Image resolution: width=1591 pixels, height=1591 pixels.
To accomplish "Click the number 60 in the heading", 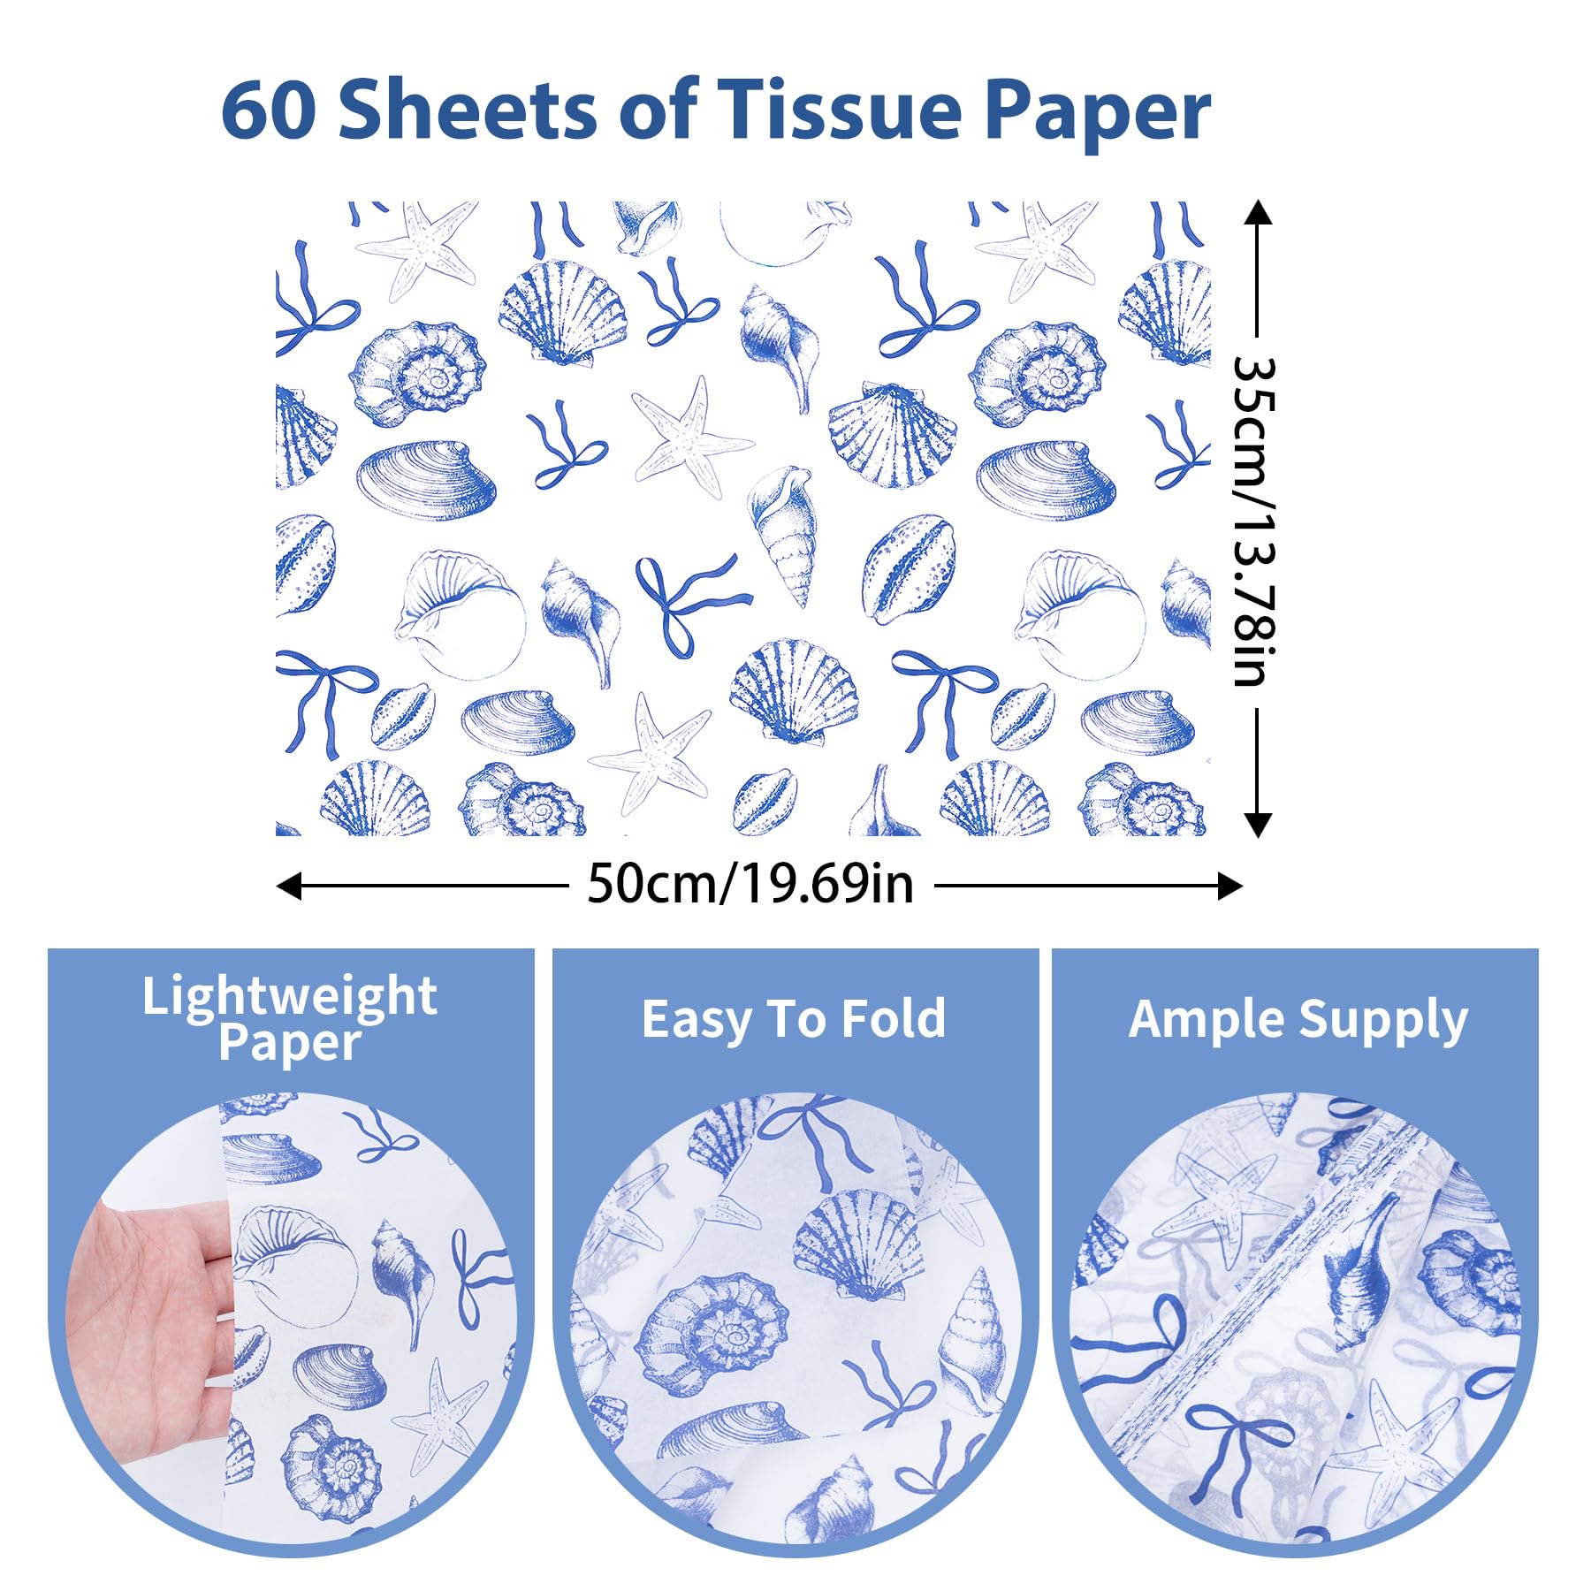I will click(268, 111).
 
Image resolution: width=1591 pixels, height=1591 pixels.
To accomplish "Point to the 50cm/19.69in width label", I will click(750, 883).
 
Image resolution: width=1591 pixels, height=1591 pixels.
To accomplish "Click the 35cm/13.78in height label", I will click(1255, 521).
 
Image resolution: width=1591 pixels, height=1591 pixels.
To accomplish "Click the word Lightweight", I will click(290, 996).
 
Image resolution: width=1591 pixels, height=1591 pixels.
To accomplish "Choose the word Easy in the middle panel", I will click(695, 1019).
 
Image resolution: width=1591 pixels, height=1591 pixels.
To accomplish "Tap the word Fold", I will click(893, 1019).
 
